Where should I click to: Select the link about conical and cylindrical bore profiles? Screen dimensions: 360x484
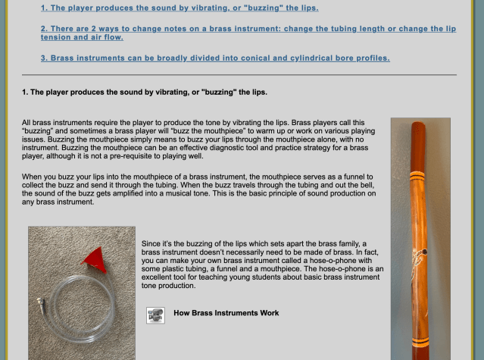point(215,58)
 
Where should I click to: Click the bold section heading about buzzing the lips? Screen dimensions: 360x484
point(145,92)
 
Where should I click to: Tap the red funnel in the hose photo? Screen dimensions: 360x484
point(95,258)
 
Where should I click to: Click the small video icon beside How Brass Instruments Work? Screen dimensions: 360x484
point(155,315)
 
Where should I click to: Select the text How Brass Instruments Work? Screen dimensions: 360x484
point(226,313)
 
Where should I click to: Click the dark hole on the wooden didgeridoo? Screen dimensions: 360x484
point(425,252)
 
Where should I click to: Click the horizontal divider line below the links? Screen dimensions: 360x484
point(239,75)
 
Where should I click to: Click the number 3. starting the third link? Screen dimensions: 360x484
point(45,58)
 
